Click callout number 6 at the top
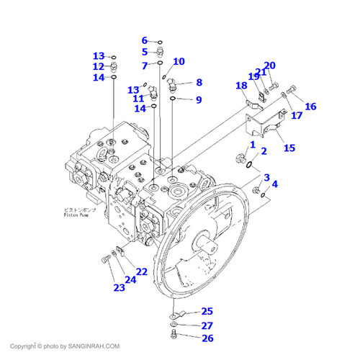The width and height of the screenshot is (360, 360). (x=144, y=40)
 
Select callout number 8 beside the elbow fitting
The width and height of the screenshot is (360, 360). (x=199, y=83)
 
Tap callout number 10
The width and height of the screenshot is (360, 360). (x=179, y=62)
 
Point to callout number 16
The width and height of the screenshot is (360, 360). (x=310, y=107)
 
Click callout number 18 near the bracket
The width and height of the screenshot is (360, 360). (x=241, y=86)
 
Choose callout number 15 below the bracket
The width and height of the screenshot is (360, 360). (x=289, y=148)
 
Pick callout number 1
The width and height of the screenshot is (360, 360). (x=252, y=145)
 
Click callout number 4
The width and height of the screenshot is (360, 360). (x=274, y=184)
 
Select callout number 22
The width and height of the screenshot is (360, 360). (x=142, y=272)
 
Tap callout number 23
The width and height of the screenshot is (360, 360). (x=118, y=287)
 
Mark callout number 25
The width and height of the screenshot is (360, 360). (x=207, y=311)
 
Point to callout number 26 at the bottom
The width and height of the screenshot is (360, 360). (x=207, y=338)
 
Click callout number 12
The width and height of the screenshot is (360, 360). (x=99, y=66)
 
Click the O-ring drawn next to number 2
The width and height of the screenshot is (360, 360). (x=248, y=165)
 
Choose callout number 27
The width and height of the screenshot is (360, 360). (x=207, y=325)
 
